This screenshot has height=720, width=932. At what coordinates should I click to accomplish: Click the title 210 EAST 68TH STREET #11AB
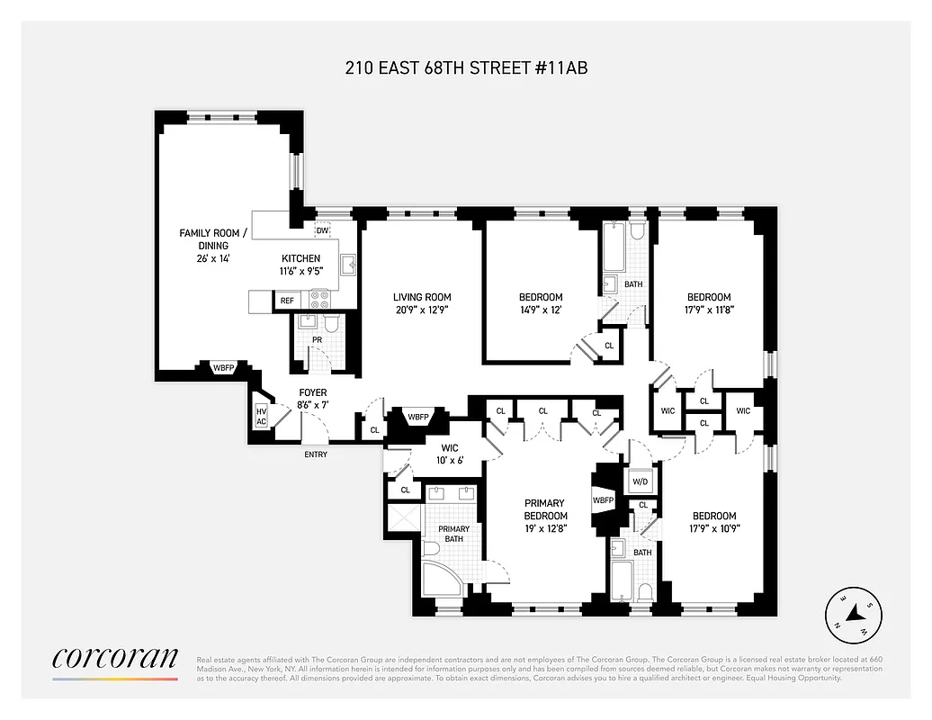[x=466, y=68]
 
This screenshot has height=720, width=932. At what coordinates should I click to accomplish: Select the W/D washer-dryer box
[x=641, y=480]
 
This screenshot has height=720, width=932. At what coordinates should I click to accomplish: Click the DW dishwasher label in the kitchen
[x=322, y=230]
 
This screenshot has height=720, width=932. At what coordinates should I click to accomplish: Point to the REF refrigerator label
[x=287, y=301]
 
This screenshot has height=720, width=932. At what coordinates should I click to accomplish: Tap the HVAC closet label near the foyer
[x=261, y=415]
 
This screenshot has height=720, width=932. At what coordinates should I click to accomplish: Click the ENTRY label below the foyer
[x=316, y=454]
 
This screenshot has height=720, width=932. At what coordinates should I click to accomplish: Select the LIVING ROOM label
[x=421, y=297]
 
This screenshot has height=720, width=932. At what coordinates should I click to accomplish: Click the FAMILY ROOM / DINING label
[x=203, y=238]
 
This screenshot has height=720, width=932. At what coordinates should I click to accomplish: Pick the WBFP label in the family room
[x=223, y=367]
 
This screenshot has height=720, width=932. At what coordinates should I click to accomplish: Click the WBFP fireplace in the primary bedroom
[x=603, y=499]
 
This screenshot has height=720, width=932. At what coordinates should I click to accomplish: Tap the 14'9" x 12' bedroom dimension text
[x=540, y=310]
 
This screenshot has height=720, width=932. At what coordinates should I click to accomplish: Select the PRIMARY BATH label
[x=453, y=534]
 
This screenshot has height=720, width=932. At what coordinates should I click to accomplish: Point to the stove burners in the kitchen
[x=320, y=299]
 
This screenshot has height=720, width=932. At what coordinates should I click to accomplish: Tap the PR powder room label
[x=317, y=340]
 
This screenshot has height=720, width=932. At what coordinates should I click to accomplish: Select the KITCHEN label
[x=300, y=258]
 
